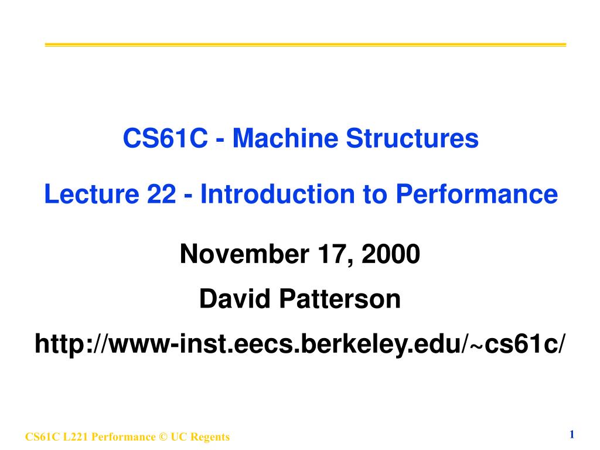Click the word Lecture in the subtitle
coord(90,194)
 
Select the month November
coord(244,255)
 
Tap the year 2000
coord(393,255)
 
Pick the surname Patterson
coord(340,299)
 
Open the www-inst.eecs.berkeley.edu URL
coord(301,344)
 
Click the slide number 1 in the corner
coord(571,434)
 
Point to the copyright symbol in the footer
coord(162,437)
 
